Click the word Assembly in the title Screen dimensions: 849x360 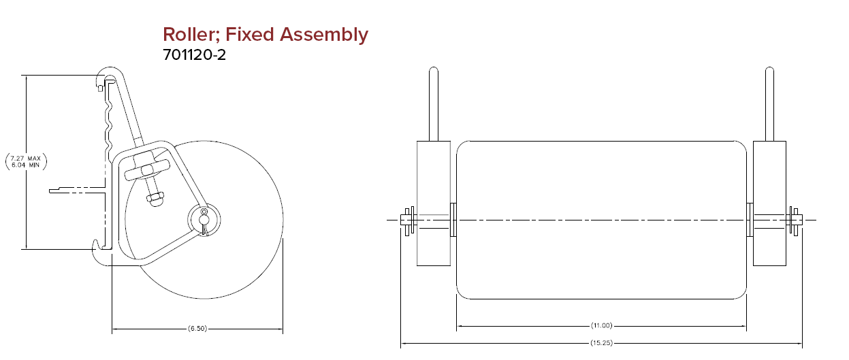pyautogui.click(x=323, y=35)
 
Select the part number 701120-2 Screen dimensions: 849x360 pyautogui.click(x=194, y=54)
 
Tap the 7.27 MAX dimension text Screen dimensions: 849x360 pyautogui.click(x=25, y=158)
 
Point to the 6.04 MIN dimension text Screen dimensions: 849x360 pyautogui.click(x=25, y=165)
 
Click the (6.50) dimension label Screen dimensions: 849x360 pyautogui.click(x=197, y=328)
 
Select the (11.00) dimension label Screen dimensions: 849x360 pyautogui.click(x=601, y=325)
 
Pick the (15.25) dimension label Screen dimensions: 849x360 pyautogui.click(x=601, y=343)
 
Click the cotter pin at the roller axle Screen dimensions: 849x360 pyautogui.click(x=204, y=222)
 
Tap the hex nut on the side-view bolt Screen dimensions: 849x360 pyautogui.click(x=155, y=197)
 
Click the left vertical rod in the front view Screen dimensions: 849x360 pyautogui.click(x=434, y=104)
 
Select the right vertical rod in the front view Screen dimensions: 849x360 pyautogui.click(x=769, y=104)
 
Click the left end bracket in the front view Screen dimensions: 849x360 pyautogui.click(x=434, y=203)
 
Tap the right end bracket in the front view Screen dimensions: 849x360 pyautogui.click(x=769, y=203)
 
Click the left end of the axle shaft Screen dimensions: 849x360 pyautogui.click(x=401, y=220)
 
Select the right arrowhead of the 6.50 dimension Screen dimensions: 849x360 pyautogui.click(x=280, y=329)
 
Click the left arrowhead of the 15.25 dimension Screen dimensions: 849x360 pyautogui.click(x=404, y=343)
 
